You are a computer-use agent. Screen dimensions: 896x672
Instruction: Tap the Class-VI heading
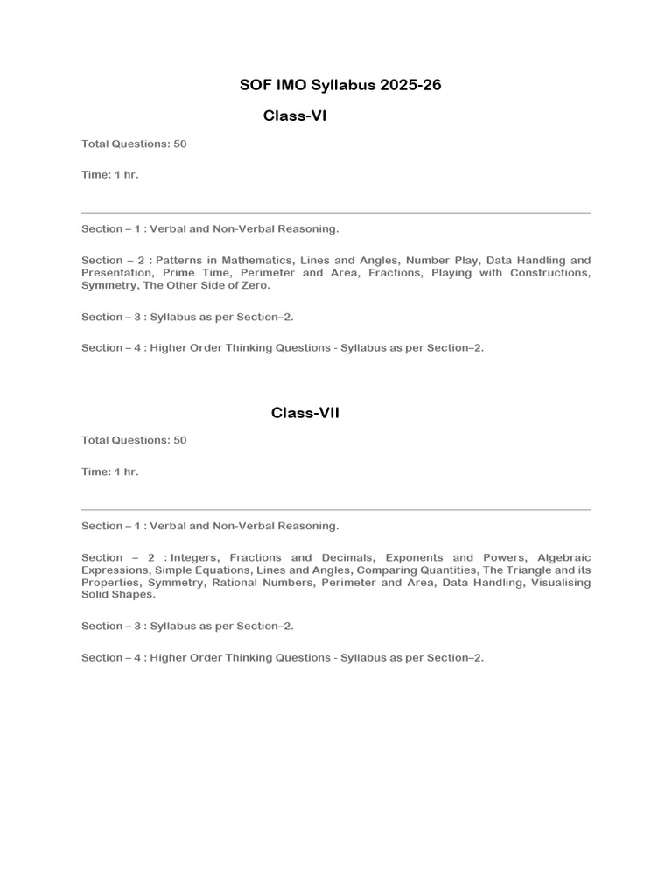pyautogui.click(x=294, y=116)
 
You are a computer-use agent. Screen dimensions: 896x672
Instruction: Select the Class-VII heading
pyautogui.click(x=304, y=413)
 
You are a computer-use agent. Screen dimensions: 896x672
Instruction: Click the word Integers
pyautogui.click(x=197, y=557)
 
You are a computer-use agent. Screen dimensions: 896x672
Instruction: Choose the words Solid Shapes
pyautogui.click(x=118, y=594)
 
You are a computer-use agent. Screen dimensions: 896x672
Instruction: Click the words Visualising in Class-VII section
pyautogui.click(x=560, y=582)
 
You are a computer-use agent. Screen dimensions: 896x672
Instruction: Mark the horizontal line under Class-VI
pyautogui.click(x=336, y=213)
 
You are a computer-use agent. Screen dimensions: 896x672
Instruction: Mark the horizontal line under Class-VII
pyautogui.click(x=336, y=509)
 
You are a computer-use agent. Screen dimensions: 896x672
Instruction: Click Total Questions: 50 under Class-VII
pyautogui.click(x=134, y=441)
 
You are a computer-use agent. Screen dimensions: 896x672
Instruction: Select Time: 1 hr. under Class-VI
pyautogui.click(x=110, y=175)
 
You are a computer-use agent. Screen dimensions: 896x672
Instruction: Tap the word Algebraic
pyautogui.click(x=563, y=557)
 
